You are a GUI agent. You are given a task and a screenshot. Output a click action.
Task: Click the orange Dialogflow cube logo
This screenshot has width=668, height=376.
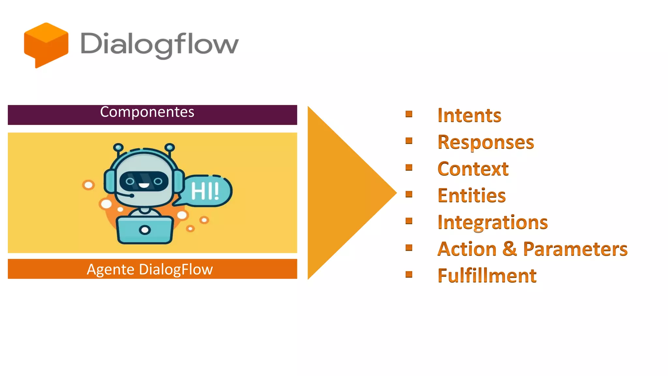pos(46,45)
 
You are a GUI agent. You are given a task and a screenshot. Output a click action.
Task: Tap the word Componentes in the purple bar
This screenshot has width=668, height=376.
pos(147,112)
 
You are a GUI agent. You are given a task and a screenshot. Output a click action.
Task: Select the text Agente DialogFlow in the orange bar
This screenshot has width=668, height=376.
pos(150,270)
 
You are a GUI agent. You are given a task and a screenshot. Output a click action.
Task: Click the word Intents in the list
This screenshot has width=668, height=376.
pos(469,115)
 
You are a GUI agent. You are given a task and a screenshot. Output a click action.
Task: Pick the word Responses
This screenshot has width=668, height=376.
pos(486,142)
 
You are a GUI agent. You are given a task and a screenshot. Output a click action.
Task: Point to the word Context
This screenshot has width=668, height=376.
pos(473,169)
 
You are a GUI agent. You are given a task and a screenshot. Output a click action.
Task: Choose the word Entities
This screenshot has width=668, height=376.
pos(472,196)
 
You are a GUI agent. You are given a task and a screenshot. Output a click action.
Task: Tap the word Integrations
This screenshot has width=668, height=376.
pos(493,222)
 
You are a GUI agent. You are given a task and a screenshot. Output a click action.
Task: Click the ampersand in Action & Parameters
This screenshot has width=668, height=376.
pos(510,249)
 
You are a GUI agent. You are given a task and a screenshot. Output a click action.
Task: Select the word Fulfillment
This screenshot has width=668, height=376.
pos(487,276)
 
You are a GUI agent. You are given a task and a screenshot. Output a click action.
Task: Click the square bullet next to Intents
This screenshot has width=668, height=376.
pos(409,114)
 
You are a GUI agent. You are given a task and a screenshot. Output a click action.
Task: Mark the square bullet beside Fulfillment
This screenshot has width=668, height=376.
pos(409,274)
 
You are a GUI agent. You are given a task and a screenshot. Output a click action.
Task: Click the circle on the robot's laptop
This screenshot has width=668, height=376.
pos(145,230)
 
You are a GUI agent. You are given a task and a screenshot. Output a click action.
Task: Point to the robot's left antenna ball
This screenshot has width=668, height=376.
pos(118,148)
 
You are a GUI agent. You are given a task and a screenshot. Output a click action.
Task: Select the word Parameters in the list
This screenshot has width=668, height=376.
pos(575,249)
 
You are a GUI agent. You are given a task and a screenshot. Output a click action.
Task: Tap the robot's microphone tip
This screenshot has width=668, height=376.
pos(131,196)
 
